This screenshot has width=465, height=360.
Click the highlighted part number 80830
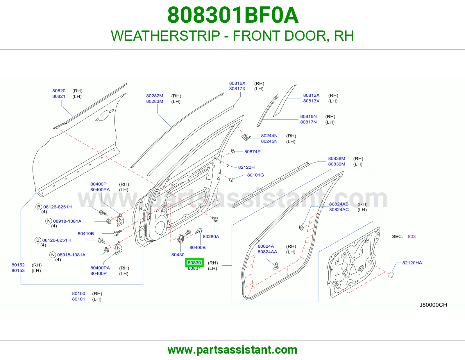(194, 262)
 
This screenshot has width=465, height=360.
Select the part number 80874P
(252, 152)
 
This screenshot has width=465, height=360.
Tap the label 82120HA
(412, 263)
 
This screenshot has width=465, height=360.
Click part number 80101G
(255, 175)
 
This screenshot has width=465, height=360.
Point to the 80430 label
(178, 255)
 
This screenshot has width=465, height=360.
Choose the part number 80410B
(86, 233)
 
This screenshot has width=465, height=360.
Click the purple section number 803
(412, 236)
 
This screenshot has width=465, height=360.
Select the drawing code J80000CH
(433, 305)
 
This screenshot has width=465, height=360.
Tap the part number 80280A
(211, 236)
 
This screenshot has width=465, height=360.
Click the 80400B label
(198, 247)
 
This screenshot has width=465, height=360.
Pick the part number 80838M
(337, 159)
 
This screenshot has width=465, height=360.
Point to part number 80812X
(311, 95)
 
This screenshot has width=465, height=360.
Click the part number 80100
(78, 294)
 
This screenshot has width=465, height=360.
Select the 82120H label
(246, 167)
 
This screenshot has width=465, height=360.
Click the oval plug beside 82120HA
(391, 275)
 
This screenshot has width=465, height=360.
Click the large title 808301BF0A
(233, 15)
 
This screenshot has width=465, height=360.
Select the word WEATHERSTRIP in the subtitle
(165, 36)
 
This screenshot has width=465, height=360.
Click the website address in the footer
(233, 350)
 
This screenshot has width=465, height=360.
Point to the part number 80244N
(269, 136)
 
